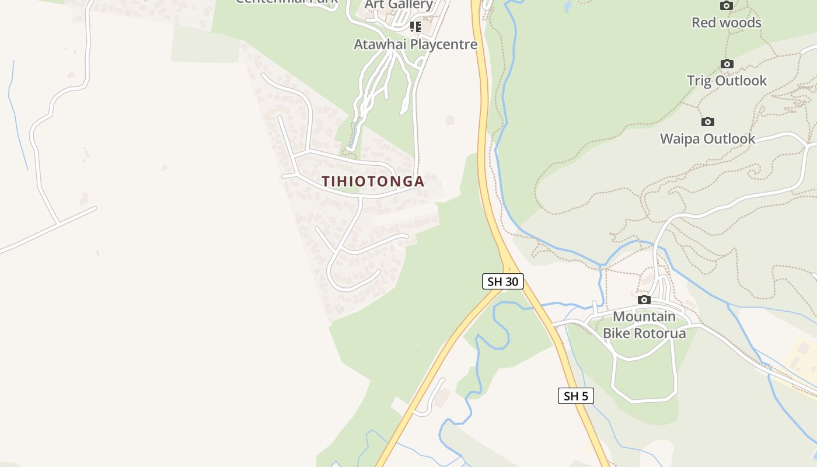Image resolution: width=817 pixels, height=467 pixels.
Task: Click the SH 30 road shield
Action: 503,281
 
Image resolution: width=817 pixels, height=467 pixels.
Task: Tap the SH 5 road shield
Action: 576,396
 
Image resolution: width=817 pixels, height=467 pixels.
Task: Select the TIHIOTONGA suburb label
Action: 373,182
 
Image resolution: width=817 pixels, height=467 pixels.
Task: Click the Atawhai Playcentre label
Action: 416,44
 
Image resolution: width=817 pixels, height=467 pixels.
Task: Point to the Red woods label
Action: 726,23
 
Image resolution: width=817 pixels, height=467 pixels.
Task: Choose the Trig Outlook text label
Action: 727,81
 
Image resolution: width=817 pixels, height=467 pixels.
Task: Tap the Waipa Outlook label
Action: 707,139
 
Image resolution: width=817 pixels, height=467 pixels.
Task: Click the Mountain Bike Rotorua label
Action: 644,325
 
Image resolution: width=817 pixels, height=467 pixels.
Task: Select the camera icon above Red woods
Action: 726,6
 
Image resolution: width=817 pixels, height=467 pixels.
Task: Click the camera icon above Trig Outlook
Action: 727,64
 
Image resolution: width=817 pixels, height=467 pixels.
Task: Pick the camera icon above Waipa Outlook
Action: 707,122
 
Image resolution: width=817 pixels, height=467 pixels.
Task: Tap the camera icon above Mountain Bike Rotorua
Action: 644,300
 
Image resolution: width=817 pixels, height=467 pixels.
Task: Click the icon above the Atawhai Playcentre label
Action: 415,27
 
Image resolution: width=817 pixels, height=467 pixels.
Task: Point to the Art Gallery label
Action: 399,5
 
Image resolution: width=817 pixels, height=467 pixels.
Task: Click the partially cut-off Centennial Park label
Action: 287,2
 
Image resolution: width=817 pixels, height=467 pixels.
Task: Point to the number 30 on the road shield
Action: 511,281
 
